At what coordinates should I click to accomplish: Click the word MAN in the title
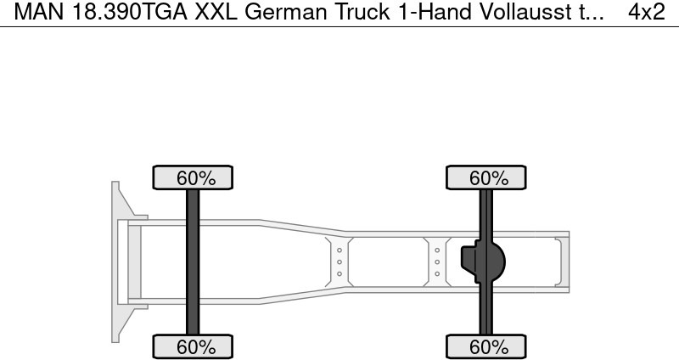coord(39,12)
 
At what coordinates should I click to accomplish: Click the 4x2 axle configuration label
coord(647,12)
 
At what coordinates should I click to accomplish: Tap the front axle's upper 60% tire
coord(193,177)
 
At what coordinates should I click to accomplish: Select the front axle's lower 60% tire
coord(193,346)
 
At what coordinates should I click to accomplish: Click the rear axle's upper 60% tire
coord(485,177)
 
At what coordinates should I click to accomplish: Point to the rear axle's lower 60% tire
coord(485,346)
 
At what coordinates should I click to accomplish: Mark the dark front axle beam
coord(193,262)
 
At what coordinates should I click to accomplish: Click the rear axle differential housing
coord(483,262)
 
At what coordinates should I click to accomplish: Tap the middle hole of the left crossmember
coord(339,262)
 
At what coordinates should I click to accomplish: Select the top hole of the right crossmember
coord(437,250)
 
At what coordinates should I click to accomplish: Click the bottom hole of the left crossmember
coord(339,273)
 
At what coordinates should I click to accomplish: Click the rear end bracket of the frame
coord(562,262)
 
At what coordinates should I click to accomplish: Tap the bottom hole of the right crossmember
coord(437,273)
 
